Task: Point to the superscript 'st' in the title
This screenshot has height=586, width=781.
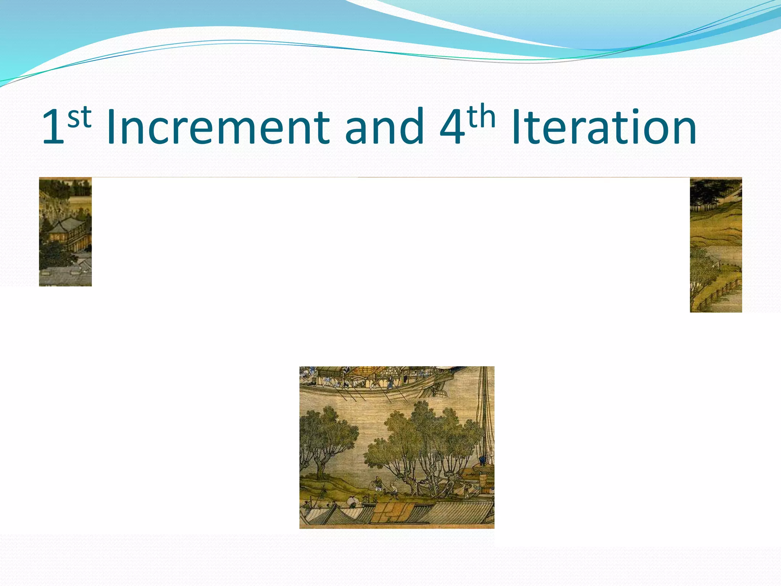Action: click(79, 117)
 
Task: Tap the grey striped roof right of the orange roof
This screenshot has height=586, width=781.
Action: click(458, 511)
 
